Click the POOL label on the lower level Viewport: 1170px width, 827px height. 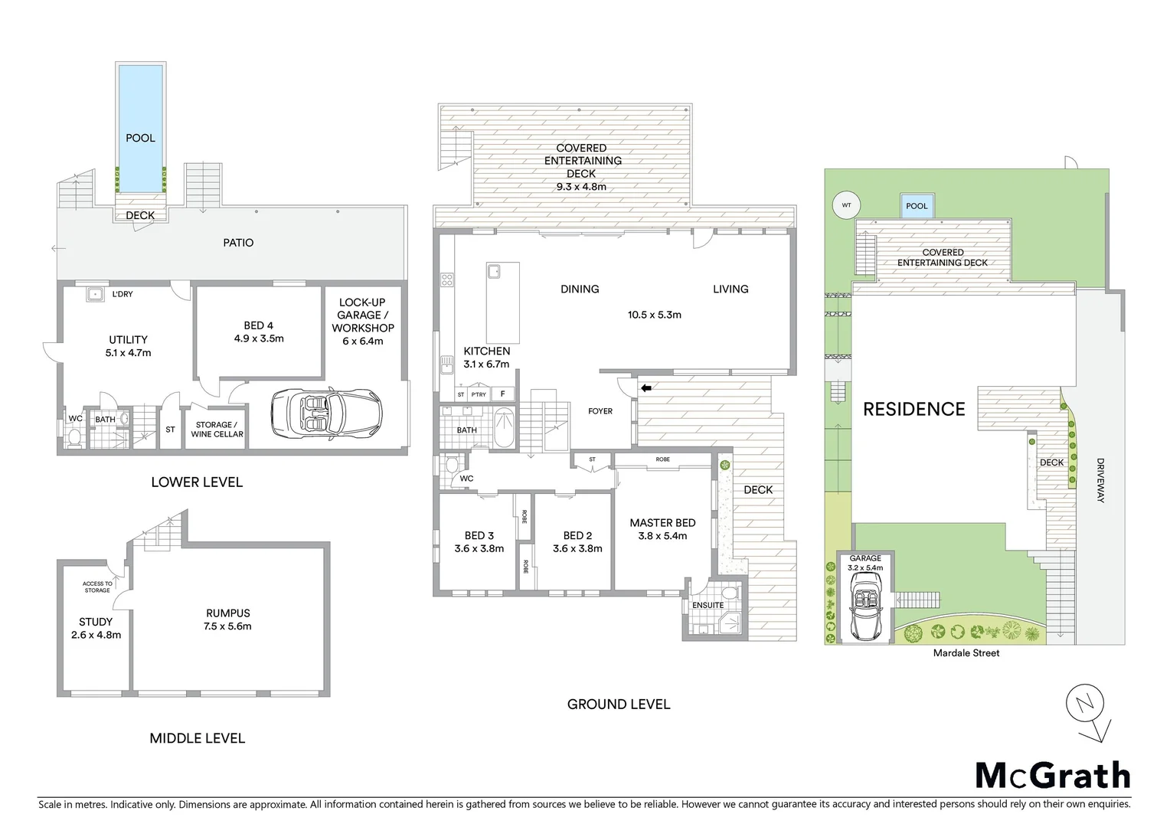click(x=140, y=138)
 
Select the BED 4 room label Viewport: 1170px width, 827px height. click(x=259, y=325)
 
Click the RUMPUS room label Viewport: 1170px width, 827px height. click(x=227, y=613)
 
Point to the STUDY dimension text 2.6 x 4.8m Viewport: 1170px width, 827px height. click(x=96, y=635)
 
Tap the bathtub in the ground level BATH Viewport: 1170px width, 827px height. click(x=505, y=429)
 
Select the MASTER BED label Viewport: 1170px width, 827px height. click(x=662, y=523)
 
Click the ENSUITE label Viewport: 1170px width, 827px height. click(x=708, y=605)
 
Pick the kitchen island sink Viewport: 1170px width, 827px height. click(x=494, y=270)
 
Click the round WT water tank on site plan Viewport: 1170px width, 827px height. click(x=846, y=205)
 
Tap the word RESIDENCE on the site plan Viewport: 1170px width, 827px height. click(x=913, y=409)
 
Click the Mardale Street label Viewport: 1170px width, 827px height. click(x=966, y=653)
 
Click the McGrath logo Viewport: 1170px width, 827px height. click(x=1052, y=775)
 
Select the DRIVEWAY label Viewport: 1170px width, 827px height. click(x=1100, y=480)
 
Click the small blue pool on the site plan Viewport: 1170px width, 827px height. click(x=916, y=205)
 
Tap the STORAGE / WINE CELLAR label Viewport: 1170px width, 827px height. click(x=217, y=430)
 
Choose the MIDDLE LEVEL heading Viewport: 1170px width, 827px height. click(x=197, y=738)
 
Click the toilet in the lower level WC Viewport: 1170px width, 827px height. click(x=74, y=436)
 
